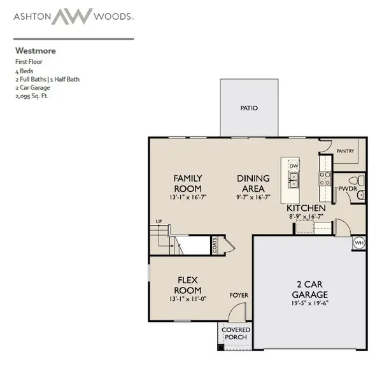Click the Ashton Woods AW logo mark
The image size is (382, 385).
72,17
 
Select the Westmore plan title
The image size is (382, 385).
36,51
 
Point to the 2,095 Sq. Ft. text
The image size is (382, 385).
32,96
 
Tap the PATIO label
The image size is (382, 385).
249,108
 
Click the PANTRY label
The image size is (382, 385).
345,151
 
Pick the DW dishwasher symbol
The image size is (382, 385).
294,166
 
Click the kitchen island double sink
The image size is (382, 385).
294,180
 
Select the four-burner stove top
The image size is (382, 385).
325,178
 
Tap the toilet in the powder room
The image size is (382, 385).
357,180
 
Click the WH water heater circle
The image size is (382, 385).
359,243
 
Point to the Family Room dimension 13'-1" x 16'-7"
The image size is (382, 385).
188,197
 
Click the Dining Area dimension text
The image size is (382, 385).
253,197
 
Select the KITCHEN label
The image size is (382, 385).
306,208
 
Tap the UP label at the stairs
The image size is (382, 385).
159,221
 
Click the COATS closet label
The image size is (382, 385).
215,245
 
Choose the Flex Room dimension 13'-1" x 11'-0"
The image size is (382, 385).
188,299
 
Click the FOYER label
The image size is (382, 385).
239,295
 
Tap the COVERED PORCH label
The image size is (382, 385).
236,333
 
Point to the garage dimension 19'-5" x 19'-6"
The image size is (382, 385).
309,303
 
